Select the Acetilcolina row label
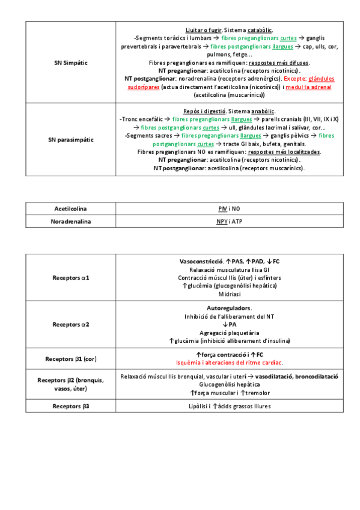click(70, 209)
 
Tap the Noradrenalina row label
click(70, 222)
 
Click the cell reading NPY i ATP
click(229, 222)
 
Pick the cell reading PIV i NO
click(228, 209)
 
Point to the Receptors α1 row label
click(71, 278)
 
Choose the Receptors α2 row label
click(71, 324)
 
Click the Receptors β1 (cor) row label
click(71, 359)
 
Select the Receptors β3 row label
click(71, 406)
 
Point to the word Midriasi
click(229, 294)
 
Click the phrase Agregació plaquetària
click(229, 333)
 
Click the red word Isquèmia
click(190, 363)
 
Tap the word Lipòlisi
click(200, 406)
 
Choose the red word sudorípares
click(143, 87)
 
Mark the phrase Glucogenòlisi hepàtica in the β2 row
click(229, 384)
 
